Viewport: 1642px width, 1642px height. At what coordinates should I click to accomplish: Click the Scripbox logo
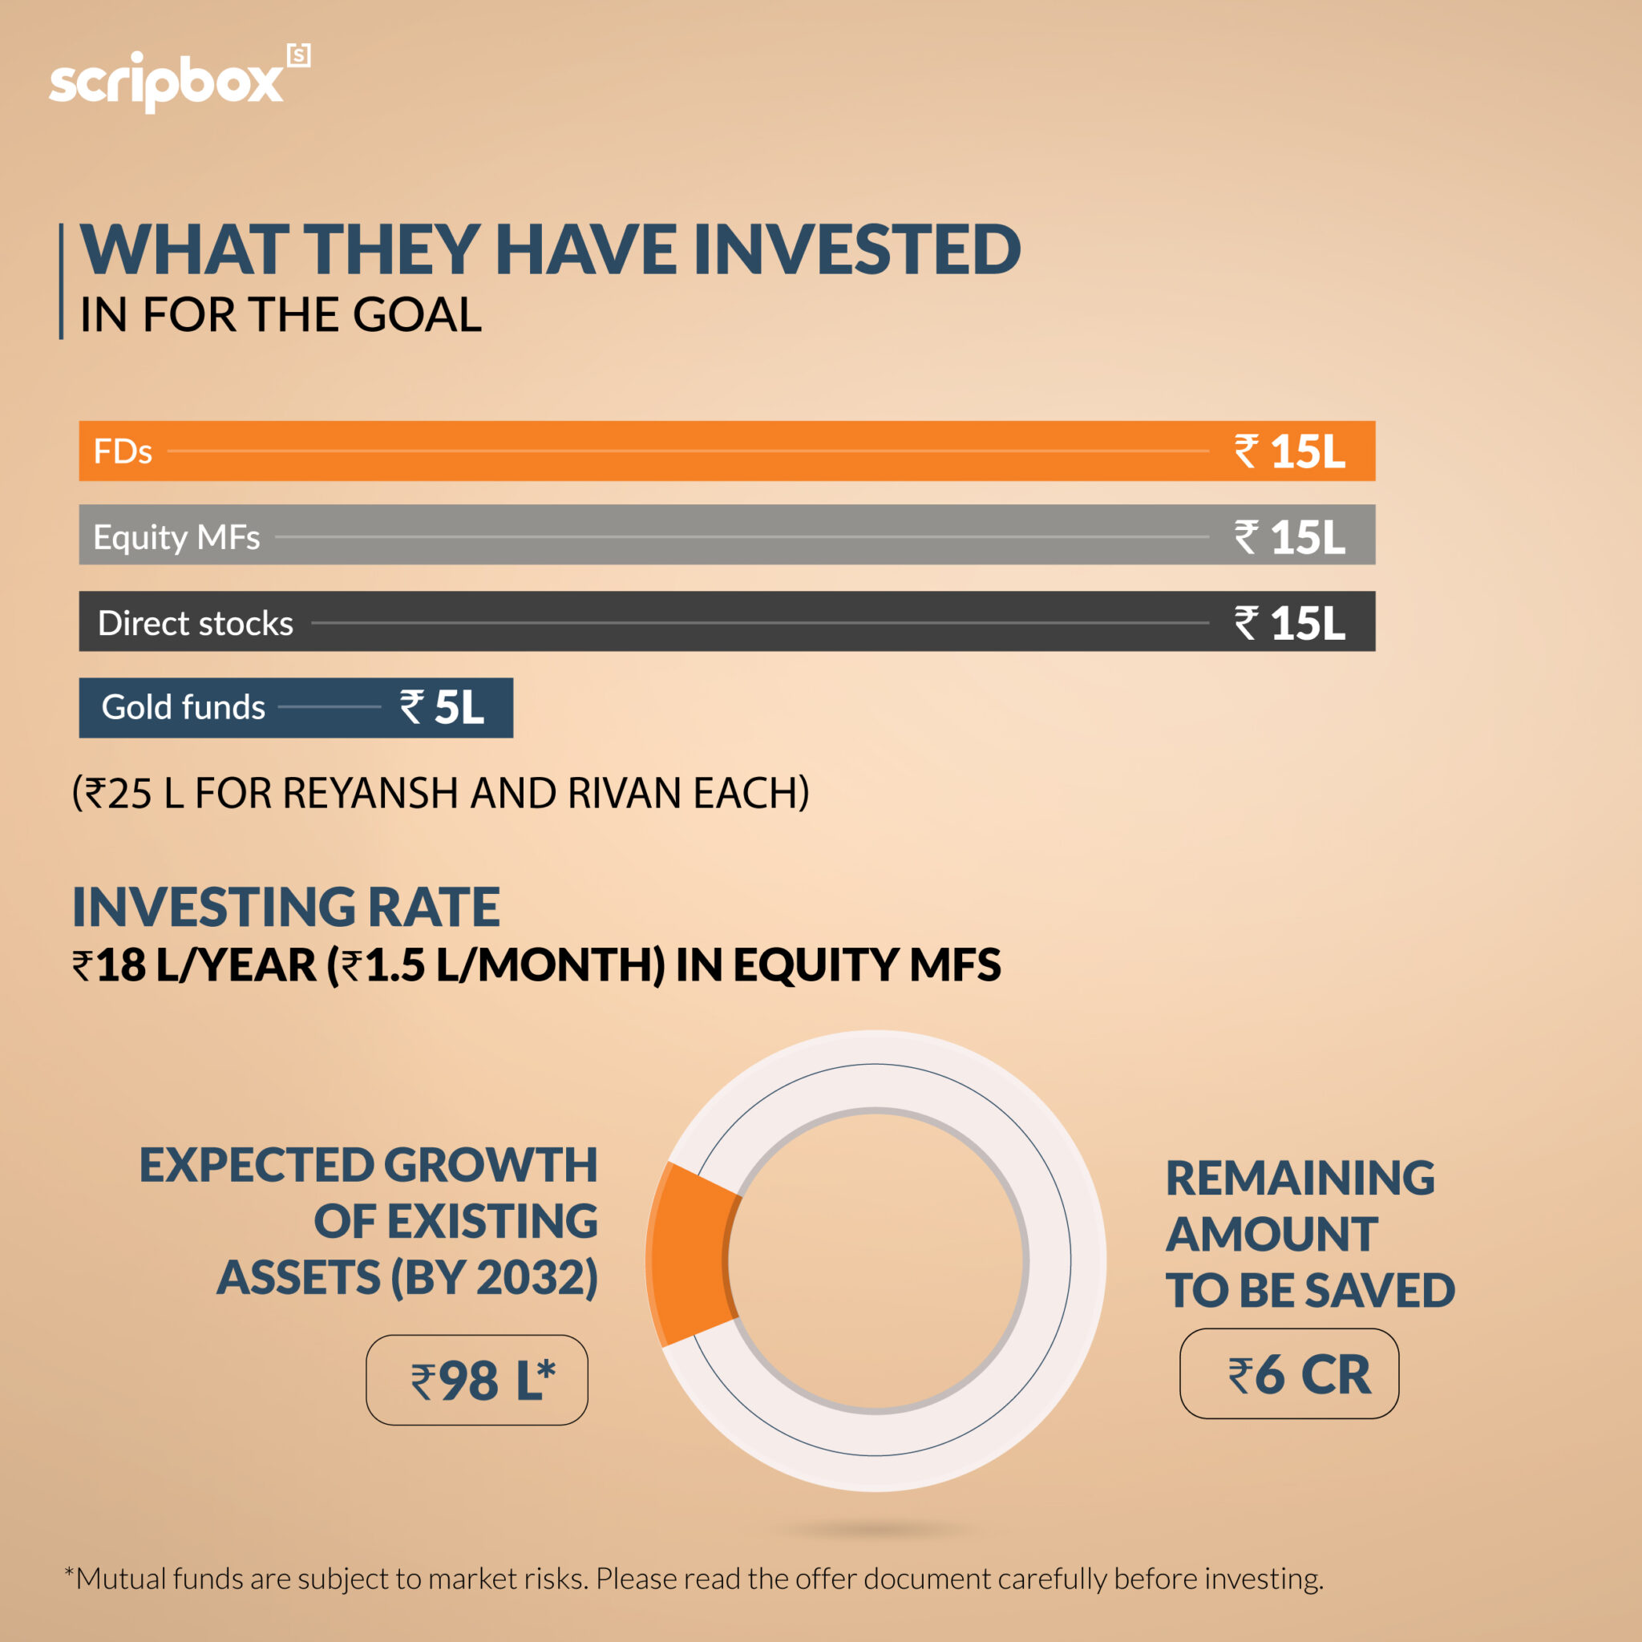179,81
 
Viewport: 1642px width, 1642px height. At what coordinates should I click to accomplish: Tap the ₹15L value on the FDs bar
1289,451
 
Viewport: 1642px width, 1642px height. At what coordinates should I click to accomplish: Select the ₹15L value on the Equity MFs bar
1289,537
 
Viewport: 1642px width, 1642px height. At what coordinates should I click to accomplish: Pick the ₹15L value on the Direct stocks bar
1289,623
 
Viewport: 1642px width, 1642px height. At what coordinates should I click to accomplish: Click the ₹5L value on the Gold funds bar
442,707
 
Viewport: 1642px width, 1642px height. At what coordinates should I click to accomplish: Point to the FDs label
123,451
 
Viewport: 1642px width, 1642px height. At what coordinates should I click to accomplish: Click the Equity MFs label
176,537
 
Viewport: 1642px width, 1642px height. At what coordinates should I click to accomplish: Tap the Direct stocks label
196,623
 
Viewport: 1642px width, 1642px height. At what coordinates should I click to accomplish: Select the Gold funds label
183,707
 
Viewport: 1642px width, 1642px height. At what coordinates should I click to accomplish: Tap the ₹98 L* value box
477,1381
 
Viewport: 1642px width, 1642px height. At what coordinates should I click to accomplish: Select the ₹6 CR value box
1288,1374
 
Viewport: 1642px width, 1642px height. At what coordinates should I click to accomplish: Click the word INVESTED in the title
857,250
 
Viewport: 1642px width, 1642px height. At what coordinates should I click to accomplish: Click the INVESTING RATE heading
285,907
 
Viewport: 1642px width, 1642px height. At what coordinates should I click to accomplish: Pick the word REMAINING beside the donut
1300,1178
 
